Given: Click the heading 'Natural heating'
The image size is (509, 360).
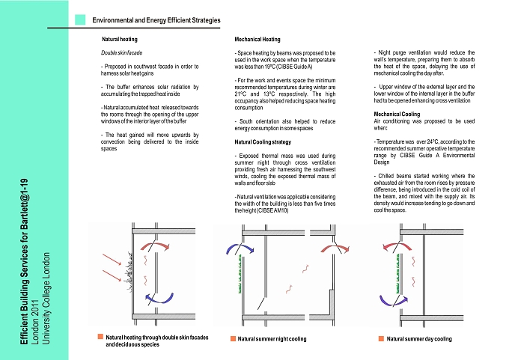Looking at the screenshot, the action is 120,39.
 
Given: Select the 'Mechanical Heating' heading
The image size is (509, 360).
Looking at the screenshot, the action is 257,39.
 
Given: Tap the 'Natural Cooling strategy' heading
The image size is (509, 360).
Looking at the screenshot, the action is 263,142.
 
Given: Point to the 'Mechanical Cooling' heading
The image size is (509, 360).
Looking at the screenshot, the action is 397,114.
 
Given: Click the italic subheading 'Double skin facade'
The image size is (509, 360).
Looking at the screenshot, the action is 121,52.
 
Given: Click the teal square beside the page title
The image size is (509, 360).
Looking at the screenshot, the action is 80,19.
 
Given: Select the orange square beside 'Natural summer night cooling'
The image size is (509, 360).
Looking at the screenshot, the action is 233,338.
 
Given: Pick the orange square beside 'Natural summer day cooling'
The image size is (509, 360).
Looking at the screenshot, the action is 381,338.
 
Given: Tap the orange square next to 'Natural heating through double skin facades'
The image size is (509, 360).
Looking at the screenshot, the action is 100,337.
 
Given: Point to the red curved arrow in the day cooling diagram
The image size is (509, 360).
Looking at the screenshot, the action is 397,245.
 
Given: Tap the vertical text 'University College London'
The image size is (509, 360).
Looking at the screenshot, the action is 46,299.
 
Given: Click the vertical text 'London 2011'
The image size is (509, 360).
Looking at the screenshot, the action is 35,322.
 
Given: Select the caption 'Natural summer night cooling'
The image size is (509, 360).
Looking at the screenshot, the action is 272,339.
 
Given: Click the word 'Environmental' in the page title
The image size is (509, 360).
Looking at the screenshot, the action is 112,20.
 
